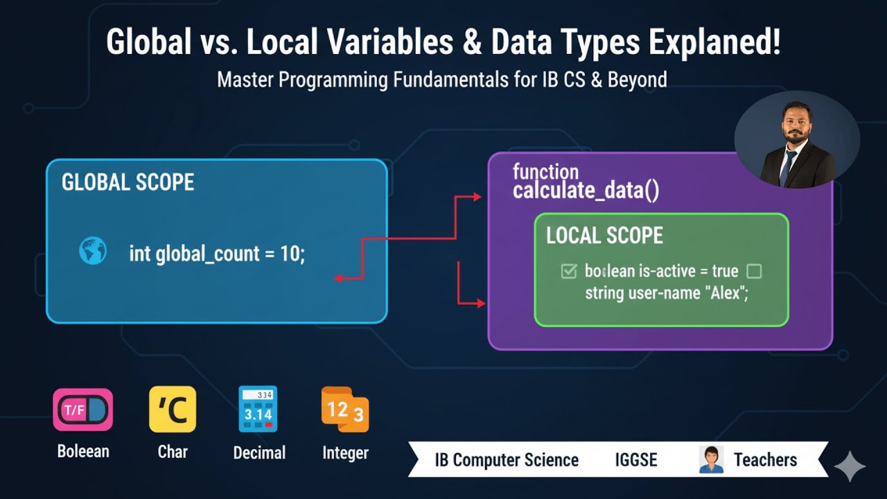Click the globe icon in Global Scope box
93,251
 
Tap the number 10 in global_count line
290,254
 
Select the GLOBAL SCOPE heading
128,182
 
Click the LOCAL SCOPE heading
604,236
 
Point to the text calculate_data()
586,191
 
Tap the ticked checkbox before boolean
569,271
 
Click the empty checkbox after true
754,271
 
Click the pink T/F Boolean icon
83,410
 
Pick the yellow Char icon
173,410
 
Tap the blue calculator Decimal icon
258,410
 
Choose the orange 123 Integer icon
344,410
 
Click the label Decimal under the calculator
259,453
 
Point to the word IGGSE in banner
635,459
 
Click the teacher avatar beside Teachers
711,459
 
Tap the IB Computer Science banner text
507,459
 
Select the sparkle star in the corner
850,467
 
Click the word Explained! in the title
714,43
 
